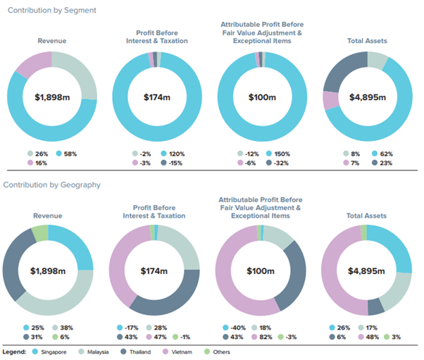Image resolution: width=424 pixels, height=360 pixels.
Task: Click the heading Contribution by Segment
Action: (x=50, y=11)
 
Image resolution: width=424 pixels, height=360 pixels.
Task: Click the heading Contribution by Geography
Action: (x=54, y=185)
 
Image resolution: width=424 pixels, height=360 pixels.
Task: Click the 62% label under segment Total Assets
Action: (x=387, y=154)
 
